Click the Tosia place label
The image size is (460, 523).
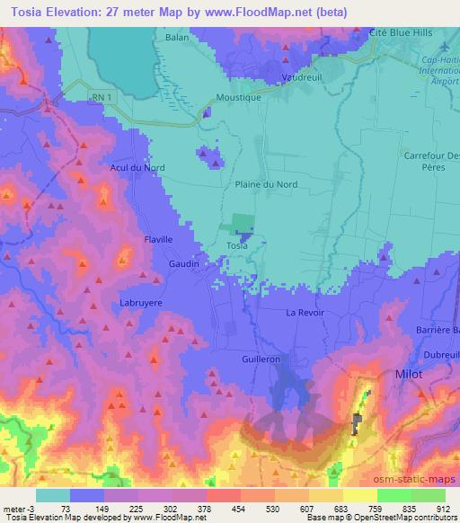[237, 245]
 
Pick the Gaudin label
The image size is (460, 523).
[183, 264]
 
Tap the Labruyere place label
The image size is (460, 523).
[141, 303]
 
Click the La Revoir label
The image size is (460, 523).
[305, 313]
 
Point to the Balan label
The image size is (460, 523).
[177, 38]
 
